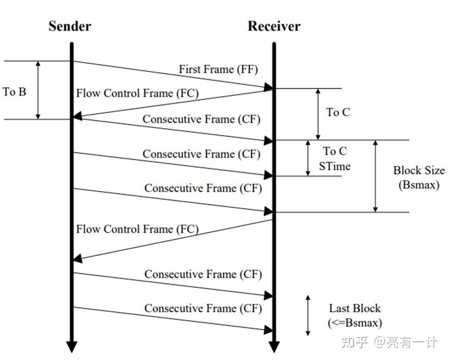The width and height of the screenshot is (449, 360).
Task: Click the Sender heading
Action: click(x=70, y=26)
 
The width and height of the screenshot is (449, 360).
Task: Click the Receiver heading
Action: click(x=274, y=26)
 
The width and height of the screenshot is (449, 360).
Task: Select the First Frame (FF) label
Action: click(x=218, y=69)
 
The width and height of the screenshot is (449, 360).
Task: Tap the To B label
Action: click(x=14, y=92)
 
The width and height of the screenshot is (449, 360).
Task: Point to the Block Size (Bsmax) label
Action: click(x=418, y=177)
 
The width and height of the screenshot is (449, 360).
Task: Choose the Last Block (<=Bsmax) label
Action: click(x=355, y=315)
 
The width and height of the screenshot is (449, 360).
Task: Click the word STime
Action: click(x=334, y=167)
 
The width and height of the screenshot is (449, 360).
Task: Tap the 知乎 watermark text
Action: click(x=353, y=342)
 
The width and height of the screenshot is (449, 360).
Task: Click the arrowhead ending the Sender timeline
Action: click(x=72, y=347)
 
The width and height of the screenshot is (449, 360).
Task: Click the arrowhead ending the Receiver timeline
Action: click(x=274, y=347)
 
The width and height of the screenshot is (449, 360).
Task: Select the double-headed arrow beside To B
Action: click(x=37, y=90)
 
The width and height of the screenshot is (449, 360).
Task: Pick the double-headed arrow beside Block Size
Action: click(x=375, y=176)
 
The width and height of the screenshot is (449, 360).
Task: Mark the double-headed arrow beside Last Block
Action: click(x=308, y=315)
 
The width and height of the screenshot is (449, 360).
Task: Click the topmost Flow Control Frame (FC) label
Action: click(x=137, y=93)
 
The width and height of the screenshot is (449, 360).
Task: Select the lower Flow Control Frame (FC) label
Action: click(x=137, y=229)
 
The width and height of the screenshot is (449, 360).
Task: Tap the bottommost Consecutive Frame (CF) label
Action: click(x=203, y=309)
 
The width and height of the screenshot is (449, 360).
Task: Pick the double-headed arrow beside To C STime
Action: click(x=308, y=158)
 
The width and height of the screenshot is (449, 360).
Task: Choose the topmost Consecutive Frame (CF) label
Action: click(x=201, y=119)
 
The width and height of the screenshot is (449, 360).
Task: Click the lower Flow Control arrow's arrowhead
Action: click(x=77, y=258)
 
